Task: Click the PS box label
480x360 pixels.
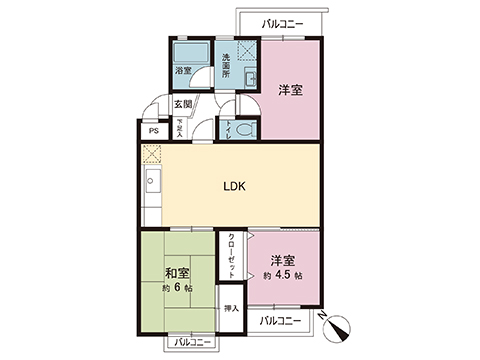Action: pos(153,130)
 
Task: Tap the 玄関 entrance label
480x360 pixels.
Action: pos(183,104)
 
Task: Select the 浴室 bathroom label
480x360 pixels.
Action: pos(183,71)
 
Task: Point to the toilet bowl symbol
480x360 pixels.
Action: pos(245,129)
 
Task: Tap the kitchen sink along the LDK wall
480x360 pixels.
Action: pos(152,184)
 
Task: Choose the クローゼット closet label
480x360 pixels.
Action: pos(232,255)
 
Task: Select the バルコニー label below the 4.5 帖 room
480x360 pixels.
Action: pos(281,321)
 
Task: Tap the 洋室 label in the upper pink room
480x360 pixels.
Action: pos(291,90)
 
